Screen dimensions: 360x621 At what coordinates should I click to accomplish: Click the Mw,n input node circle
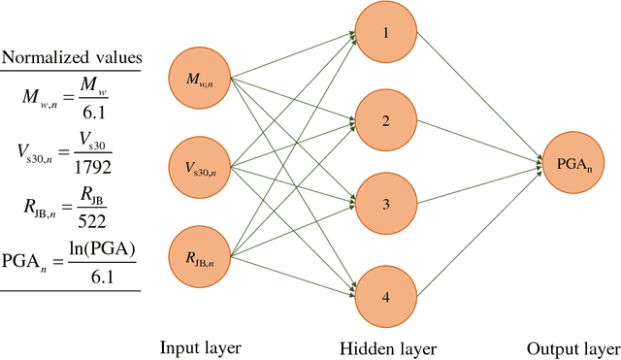coord(202,77)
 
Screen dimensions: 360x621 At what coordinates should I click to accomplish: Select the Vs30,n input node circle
coord(202,167)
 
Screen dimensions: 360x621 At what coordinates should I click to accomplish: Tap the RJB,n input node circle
coord(202,257)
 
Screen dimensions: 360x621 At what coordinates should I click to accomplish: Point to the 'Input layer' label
coord(202,347)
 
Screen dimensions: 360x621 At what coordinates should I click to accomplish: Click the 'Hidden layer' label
coord(388,347)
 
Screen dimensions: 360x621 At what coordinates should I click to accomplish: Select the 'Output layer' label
coord(572,347)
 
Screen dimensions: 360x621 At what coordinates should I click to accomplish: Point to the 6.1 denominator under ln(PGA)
coord(104,277)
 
